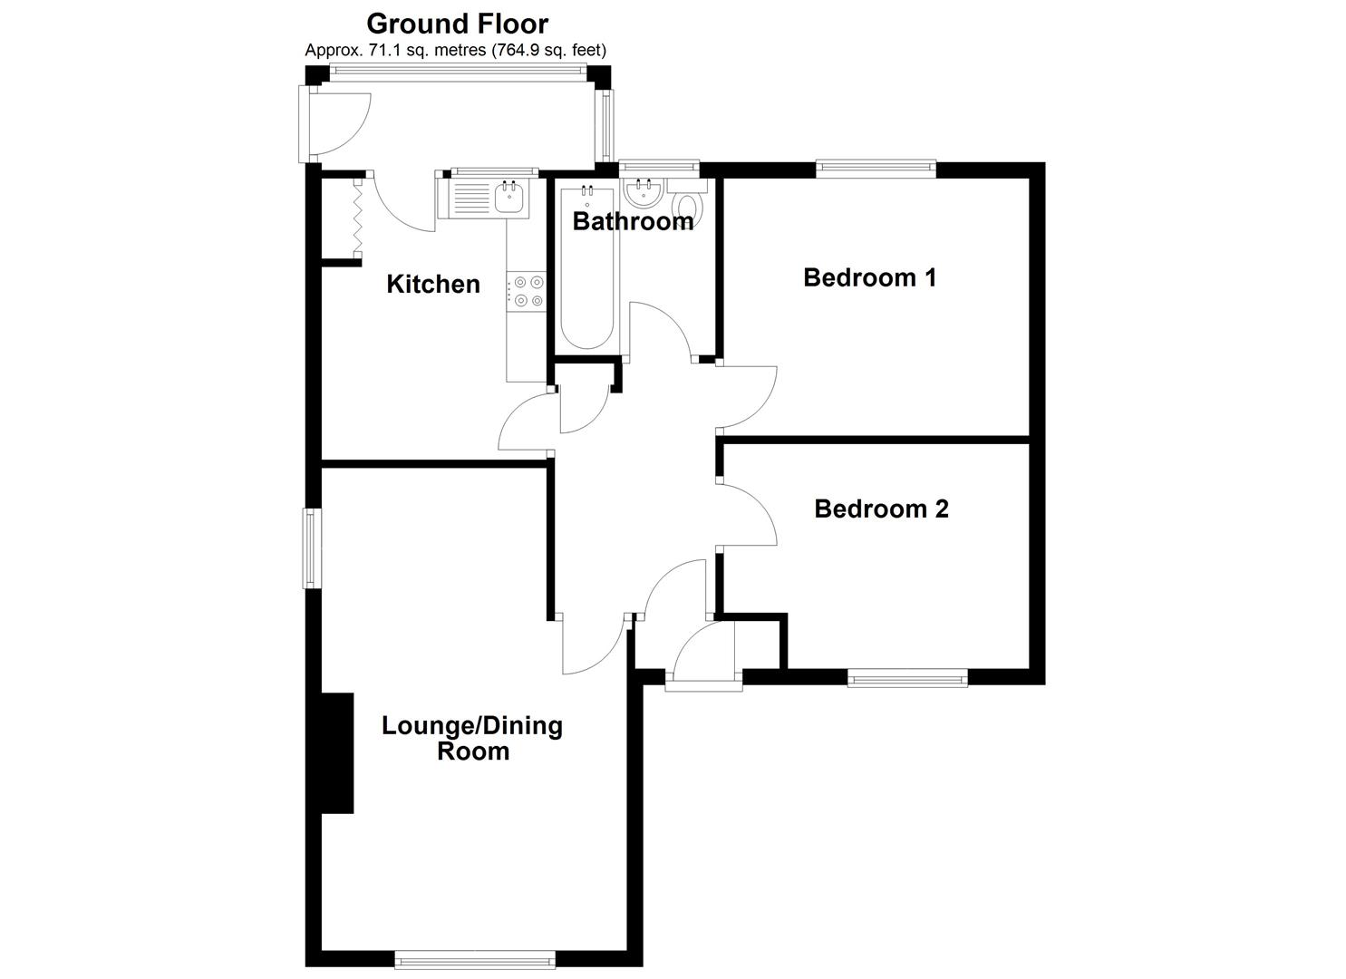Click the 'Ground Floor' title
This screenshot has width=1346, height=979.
click(458, 24)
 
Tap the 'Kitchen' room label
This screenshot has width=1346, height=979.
click(433, 285)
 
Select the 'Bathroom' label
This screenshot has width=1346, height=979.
click(633, 222)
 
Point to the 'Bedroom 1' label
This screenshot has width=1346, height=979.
click(869, 277)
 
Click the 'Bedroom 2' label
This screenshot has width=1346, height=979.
click(882, 509)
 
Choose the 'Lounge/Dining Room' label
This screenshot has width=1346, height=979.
click(472, 738)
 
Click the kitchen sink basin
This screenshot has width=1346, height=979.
click(510, 199)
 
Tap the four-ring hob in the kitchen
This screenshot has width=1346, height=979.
click(527, 292)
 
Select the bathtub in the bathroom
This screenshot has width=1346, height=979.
click(586, 268)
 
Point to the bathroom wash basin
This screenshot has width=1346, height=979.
click(644, 191)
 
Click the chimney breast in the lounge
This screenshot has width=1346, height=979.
click(337, 753)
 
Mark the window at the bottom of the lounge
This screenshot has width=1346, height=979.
click(475, 959)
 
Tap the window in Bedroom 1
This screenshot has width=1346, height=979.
click(876, 169)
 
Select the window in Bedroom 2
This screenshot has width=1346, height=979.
click(907, 679)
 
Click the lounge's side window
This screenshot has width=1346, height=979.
click(311, 548)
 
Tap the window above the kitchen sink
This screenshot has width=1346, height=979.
click(494, 172)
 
